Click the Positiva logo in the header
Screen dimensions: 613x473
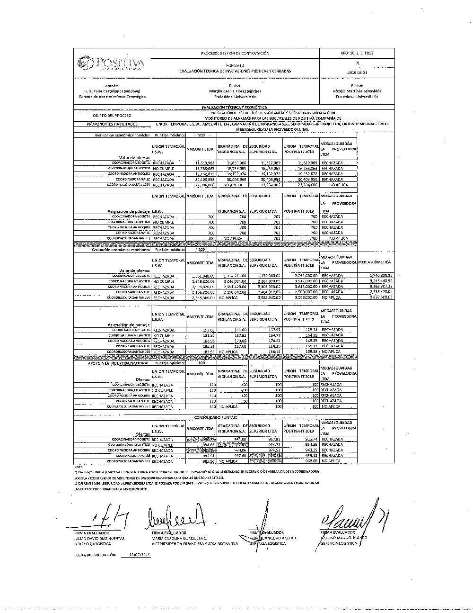[111, 63]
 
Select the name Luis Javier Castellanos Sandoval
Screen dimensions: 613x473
[112, 91]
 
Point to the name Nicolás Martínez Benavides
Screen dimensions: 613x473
[357, 91]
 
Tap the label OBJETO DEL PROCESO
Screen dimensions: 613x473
[112, 115]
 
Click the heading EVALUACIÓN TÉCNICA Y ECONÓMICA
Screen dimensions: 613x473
[234, 108]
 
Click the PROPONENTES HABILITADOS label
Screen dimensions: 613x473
[112, 124]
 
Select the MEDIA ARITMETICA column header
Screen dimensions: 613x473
[375, 262]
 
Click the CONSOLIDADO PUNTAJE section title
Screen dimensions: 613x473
[216, 417]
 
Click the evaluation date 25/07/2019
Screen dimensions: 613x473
[140, 554]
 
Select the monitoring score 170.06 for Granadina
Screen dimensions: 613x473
[241, 340]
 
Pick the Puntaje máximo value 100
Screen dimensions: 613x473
[201, 363]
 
